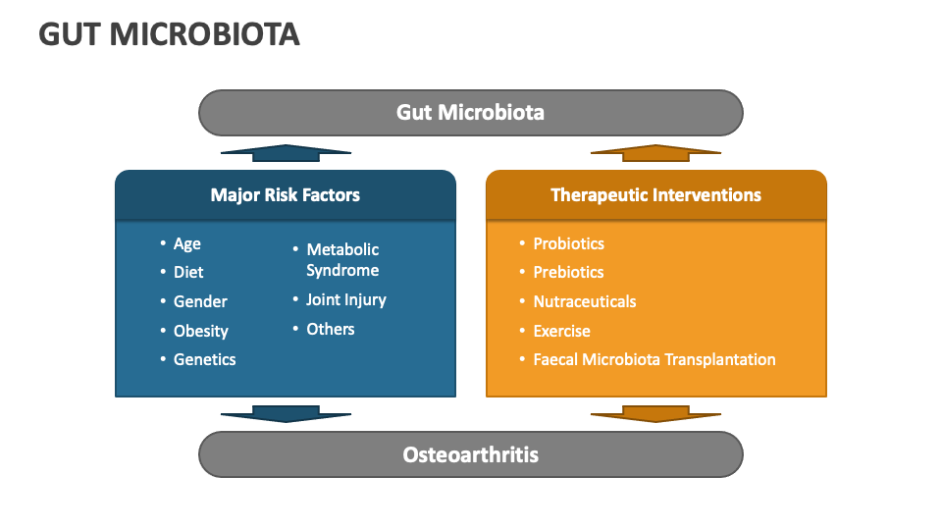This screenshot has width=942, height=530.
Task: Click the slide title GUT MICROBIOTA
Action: click(x=169, y=34)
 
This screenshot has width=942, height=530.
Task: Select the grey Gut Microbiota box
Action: click(x=470, y=112)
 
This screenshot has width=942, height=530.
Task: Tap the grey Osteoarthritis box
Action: click(x=470, y=454)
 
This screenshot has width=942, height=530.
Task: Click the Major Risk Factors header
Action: click(x=285, y=194)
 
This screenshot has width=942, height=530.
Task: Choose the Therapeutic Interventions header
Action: click(x=655, y=194)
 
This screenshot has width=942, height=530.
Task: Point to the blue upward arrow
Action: click(x=286, y=153)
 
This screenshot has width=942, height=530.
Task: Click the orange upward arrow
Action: click(x=655, y=153)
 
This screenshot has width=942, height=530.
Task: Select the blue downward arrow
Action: click(x=286, y=413)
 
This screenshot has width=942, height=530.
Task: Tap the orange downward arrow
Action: click(x=655, y=413)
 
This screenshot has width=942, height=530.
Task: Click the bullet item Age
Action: click(x=186, y=243)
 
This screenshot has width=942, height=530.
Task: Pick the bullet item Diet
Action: click(x=188, y=272)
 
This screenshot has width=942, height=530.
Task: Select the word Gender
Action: click(x=200, y=301)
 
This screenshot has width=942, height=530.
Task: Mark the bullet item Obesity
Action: click(x=200, y=331)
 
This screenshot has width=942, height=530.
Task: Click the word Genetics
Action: click(x=204, y=359)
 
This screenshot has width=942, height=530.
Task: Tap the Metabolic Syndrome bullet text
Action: click(x=341, y=260)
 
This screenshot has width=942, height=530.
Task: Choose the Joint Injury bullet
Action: click(x=345, y=299)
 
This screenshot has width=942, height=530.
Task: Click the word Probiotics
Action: click(x=568, y=243)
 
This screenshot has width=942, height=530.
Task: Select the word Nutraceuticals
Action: click(x=584, y=301)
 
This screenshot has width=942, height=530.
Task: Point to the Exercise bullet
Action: click(x=561, y=331)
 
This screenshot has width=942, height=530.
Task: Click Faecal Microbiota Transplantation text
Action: click(x=654, y=359)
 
